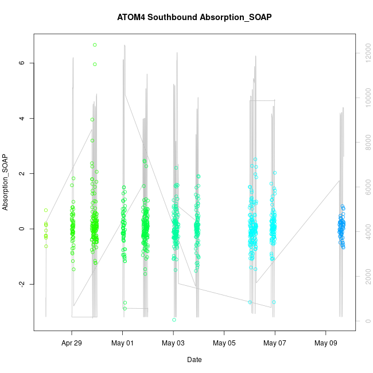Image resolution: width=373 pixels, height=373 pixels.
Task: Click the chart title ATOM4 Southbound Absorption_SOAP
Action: click(x=194, y=17)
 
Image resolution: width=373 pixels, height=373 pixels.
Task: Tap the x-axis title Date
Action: click(x=194, y=360)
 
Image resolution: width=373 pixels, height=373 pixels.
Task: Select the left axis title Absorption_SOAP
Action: click(x=6, y=182)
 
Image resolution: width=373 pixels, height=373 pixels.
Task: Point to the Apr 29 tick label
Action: click(x=72, y=344)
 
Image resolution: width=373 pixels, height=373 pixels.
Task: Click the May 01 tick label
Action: click(x=122, y=344)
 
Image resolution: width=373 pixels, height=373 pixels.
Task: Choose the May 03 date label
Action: click(x=173, y=344)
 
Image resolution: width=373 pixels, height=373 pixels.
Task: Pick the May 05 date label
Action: click(x=224, y=344)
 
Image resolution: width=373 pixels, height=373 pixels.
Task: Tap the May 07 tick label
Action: click(x=275, y=344)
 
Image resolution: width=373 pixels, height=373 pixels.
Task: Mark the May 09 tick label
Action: click(x=325, y=344)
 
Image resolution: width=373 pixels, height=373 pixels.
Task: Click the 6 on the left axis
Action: click(x=22, y=63)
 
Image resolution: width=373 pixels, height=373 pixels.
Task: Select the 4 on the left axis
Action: click(x=22, y=118)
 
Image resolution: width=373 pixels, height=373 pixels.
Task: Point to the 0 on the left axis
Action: click(x=22, y=229)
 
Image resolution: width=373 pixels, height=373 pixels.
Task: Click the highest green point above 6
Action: click(x=95, y=45)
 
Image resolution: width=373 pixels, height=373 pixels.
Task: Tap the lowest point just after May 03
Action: click(x=174, y=320)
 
